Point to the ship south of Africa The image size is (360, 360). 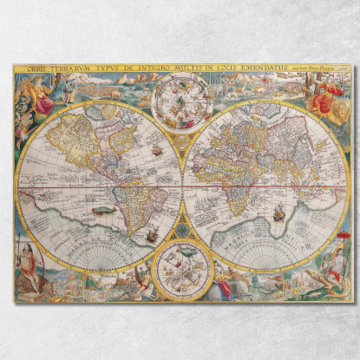pos(278,213)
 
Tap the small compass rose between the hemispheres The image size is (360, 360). pos(182,230)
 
